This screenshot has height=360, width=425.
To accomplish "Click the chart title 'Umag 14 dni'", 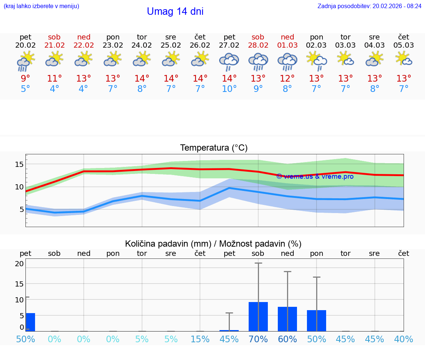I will [175, 11].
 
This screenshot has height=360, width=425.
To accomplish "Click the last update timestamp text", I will [369, 6].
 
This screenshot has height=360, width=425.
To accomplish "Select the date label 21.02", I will [54, 45].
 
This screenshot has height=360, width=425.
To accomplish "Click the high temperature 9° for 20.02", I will [25, 78].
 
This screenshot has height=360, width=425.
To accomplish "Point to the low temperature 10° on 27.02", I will [229, 89].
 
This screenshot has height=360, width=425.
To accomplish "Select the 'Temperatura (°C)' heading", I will [214, 148].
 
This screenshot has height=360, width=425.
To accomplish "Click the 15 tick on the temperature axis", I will [19, 164].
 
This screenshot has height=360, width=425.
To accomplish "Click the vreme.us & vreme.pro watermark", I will [315, 176].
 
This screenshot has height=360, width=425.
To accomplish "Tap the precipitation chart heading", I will [213, 244].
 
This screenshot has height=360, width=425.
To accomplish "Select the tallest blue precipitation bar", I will [258, 316].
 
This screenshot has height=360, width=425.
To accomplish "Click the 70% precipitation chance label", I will [258, 339].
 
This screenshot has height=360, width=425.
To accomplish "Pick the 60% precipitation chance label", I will [287, 339].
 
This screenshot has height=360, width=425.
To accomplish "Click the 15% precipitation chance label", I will [200, 339].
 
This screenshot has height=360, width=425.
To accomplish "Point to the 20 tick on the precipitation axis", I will [19, 264].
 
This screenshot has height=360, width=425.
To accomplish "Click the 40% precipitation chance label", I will [404, 339].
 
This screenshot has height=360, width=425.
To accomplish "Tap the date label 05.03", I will [404, 45].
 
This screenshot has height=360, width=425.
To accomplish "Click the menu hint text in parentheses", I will [41, 6].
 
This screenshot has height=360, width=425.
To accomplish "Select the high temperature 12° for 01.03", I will [287, 78].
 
